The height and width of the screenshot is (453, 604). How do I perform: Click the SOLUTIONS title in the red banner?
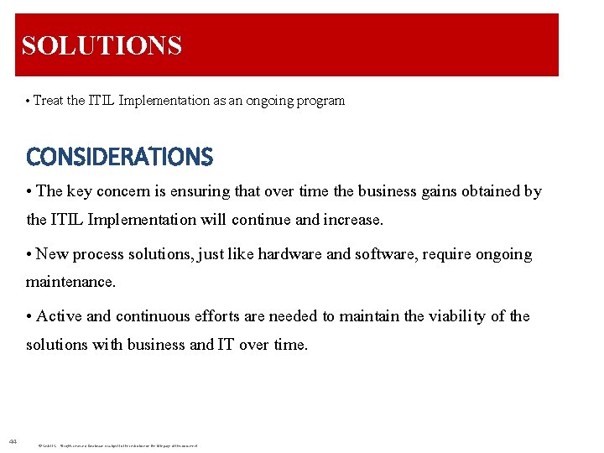pyautogui.click(x=102, y=44)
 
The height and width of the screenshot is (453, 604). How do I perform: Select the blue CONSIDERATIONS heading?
pyautogui.click(x=119, y=157)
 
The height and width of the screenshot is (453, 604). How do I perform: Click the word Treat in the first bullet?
pyautogui.click(x=48, y=101)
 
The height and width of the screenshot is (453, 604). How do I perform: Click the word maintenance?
pyautogui.click(x=70, y=283)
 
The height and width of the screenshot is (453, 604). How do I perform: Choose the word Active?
pyautogui.click(x=60, y=316)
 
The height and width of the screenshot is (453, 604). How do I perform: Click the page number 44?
pyautogui.click(x=12, y=441)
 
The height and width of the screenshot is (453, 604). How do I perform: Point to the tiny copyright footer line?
pyautogui.click(x=117, y=445)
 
